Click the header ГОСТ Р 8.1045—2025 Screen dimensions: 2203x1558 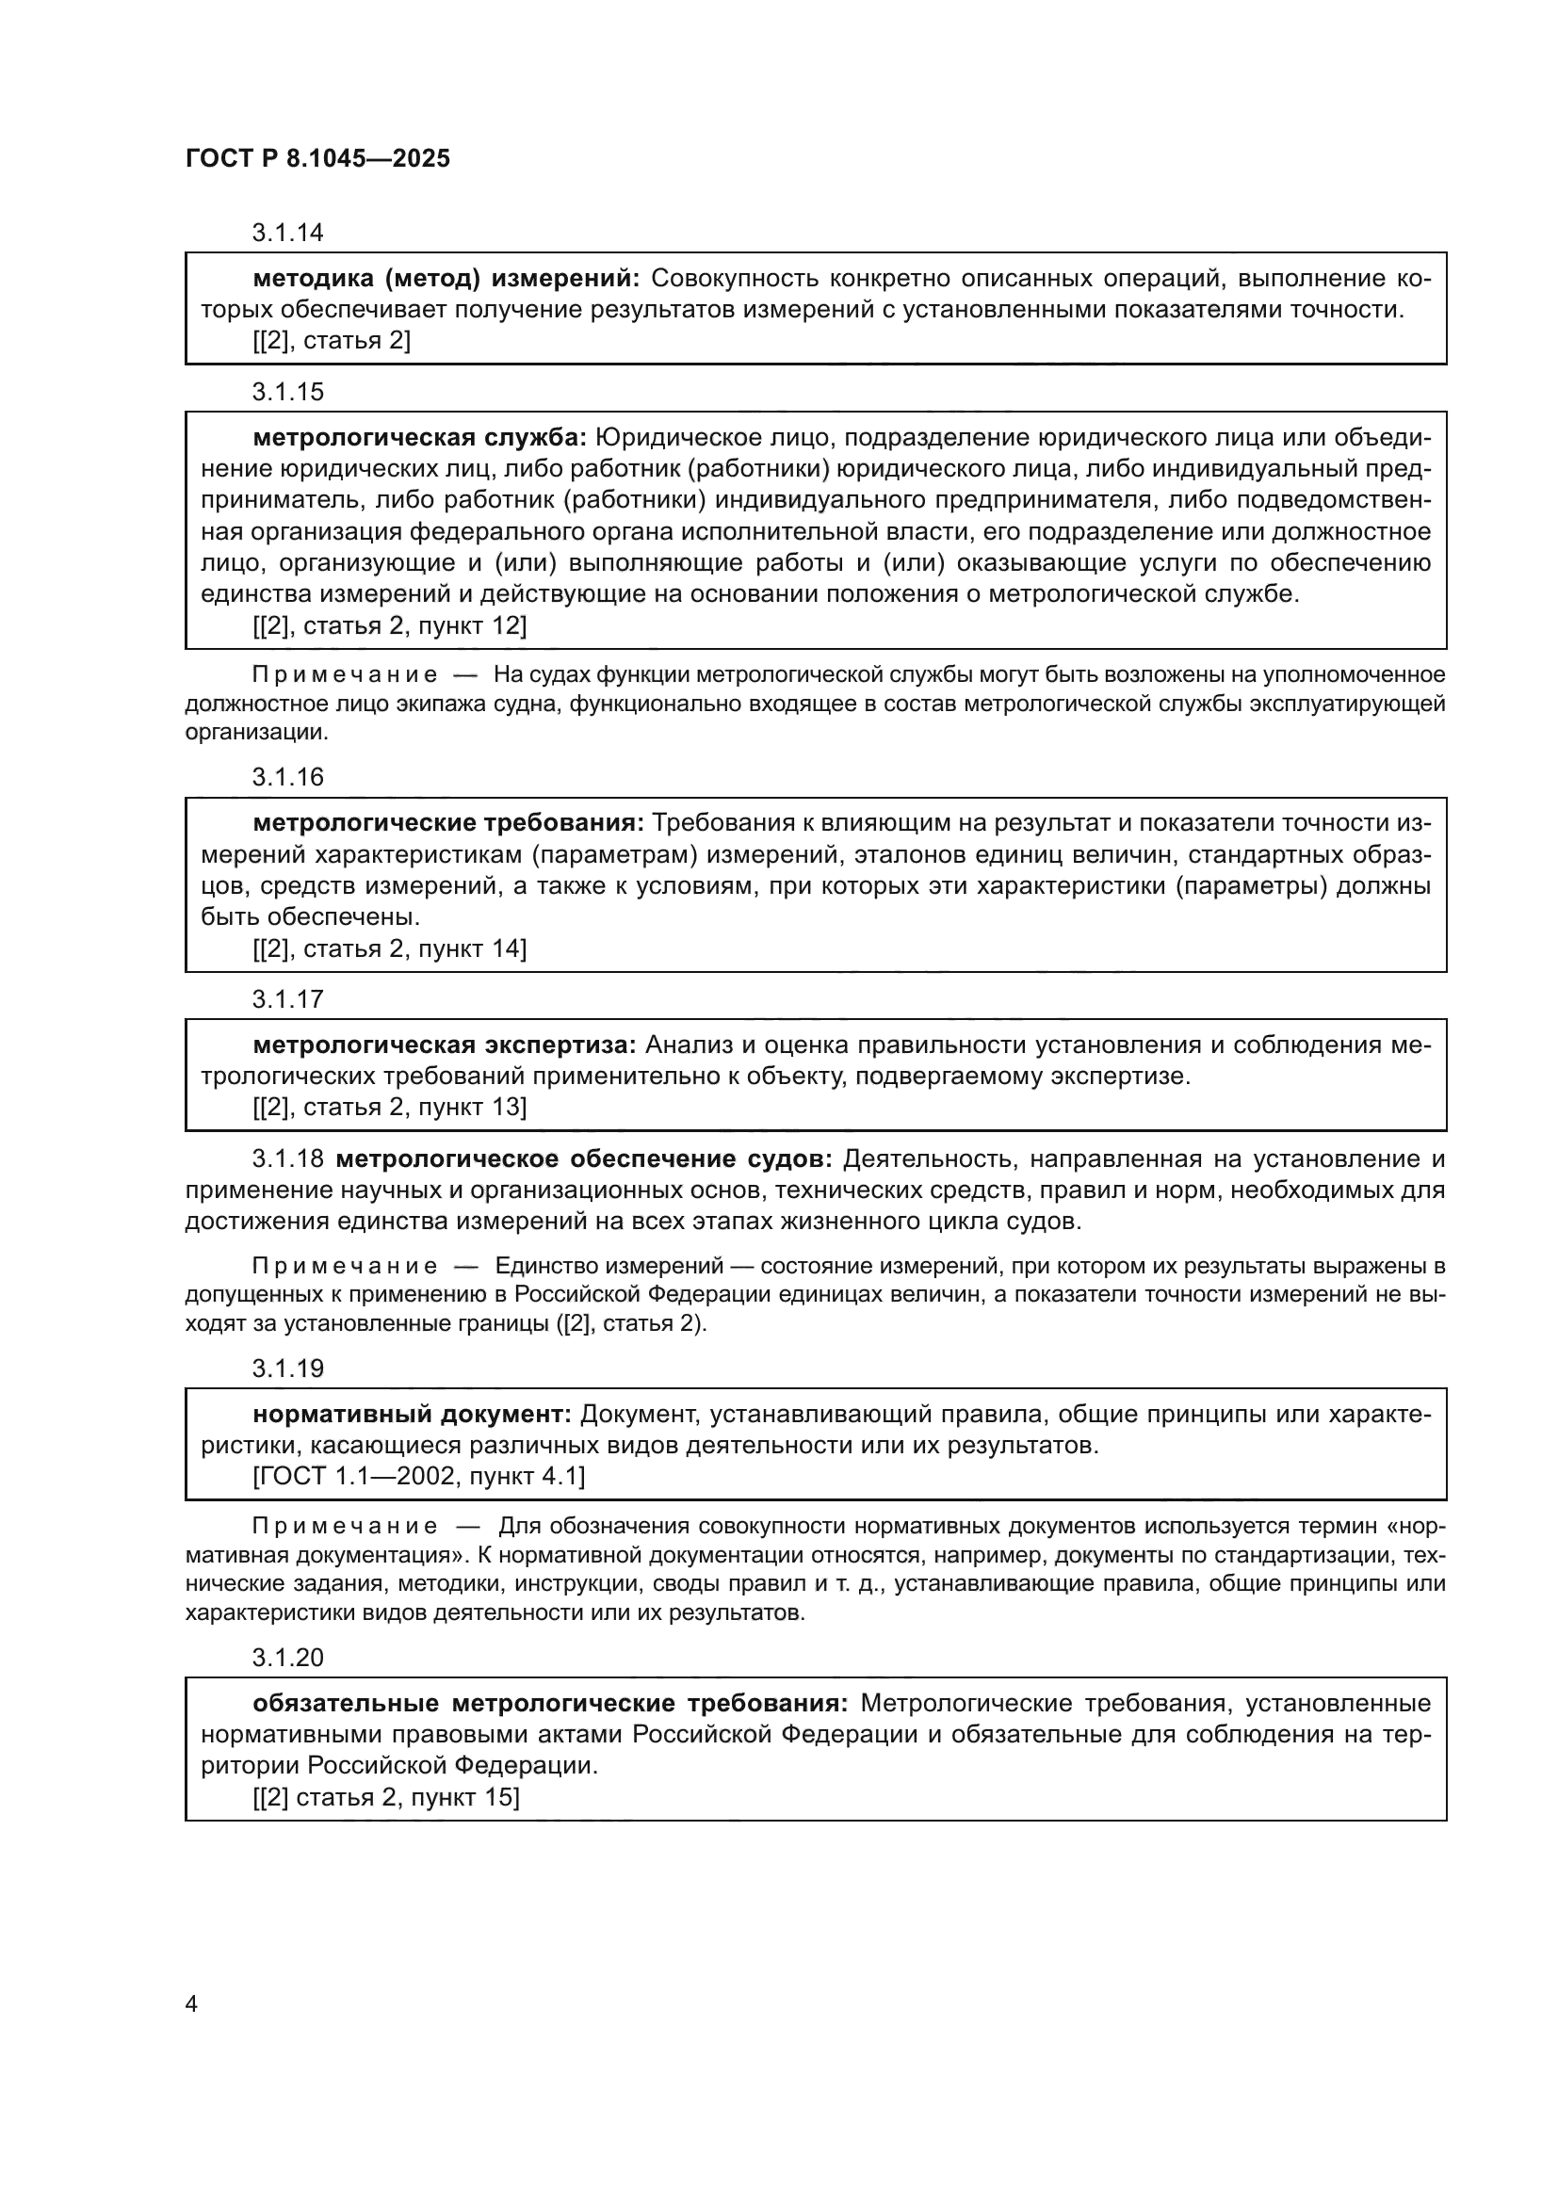click(317, 159)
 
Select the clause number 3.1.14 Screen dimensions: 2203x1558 click(288, 234)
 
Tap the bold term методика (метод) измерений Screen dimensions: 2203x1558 click(446, 279)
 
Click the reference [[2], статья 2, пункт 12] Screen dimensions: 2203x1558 click(390, 625)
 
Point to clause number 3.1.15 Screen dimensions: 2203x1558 click(288, 393)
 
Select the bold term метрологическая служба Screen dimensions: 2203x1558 click(419, 439)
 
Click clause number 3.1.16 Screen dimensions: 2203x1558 click(288, 777)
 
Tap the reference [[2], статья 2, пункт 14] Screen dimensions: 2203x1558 click(390, 949)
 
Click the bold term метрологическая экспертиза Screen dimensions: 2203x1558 click(445, 1045)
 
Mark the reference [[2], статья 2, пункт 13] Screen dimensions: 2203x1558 click(390, 1108)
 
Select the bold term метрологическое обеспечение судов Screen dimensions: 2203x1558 click(584, 1159)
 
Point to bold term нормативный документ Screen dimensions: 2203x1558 click(412, 1415)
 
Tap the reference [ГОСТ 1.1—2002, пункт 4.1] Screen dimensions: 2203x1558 click(418, 1477)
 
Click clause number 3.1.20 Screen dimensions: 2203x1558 click(288, 1658)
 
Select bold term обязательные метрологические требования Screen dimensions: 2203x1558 click(550, 1703)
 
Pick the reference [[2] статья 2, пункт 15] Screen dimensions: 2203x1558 click(385, 1797)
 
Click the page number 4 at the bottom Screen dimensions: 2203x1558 click(191, 2004)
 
